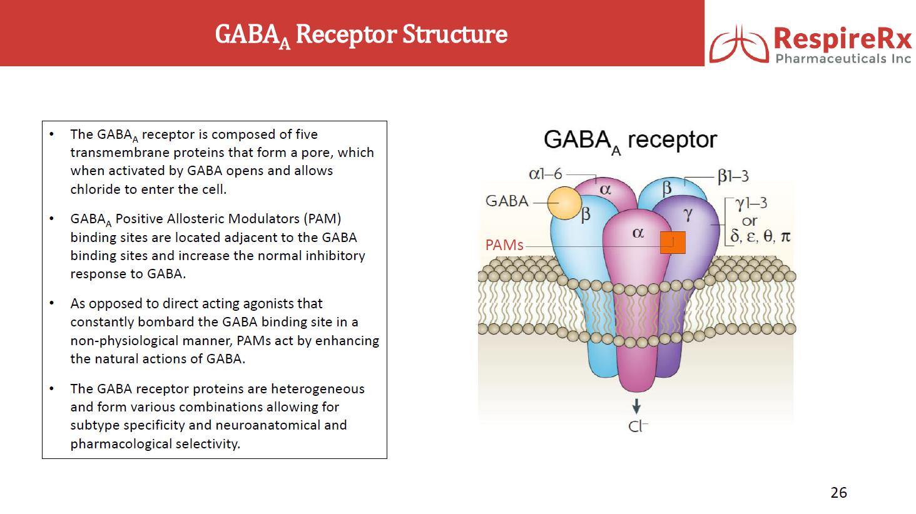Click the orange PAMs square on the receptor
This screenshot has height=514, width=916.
pyautogui.click(x=673, y=243)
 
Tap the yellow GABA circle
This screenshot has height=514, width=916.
pyautogui.click(x=564, y=203)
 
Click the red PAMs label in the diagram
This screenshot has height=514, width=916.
pyautogui.click(x=504, y=245)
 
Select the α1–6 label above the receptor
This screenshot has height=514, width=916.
pyautogui.click(x=546, y=174)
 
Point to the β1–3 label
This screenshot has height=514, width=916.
pyautogui.click(x=733, y=176)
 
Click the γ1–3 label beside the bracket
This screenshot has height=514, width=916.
pyautogui.click(x=751, y=203)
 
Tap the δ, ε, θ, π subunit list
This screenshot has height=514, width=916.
pyautogui.click(x=760, y=236)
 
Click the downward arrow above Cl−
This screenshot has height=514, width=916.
pyautogui.click(x=636, y=406)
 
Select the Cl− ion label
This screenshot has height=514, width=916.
pyautogui.click(x=638, y=426)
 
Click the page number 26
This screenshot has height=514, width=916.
pyautogui.click(x=838, y=493)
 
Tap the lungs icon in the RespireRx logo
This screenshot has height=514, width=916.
pyautogui.click(x=739, y=44)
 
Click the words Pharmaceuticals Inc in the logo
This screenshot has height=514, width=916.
pyautogui.click(x=843, y=59)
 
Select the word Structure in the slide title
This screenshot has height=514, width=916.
pyautogui.click(x=455, y=34)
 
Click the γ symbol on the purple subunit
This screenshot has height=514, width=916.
pyautogui.click(x=688, y=214)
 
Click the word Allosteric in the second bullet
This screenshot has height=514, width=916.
pyautogui.click(x=191, y=219)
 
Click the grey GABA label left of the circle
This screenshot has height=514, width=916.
pyautogui.click(x=507, y=201)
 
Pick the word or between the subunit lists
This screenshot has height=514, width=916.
pyautogui.click(x=750, y=221)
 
